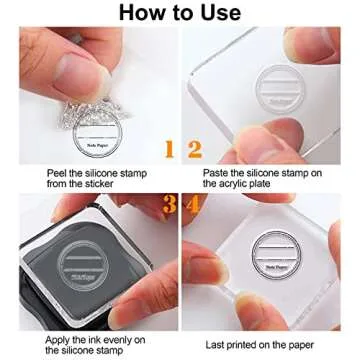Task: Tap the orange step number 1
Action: coord(169,151)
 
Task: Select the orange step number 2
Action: coord(195,151)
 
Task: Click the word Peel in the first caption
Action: coord(58,173)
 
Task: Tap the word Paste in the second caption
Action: coord(220,173)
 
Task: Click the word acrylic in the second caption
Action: coord(276,185)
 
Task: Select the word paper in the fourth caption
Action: coord(319,341)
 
